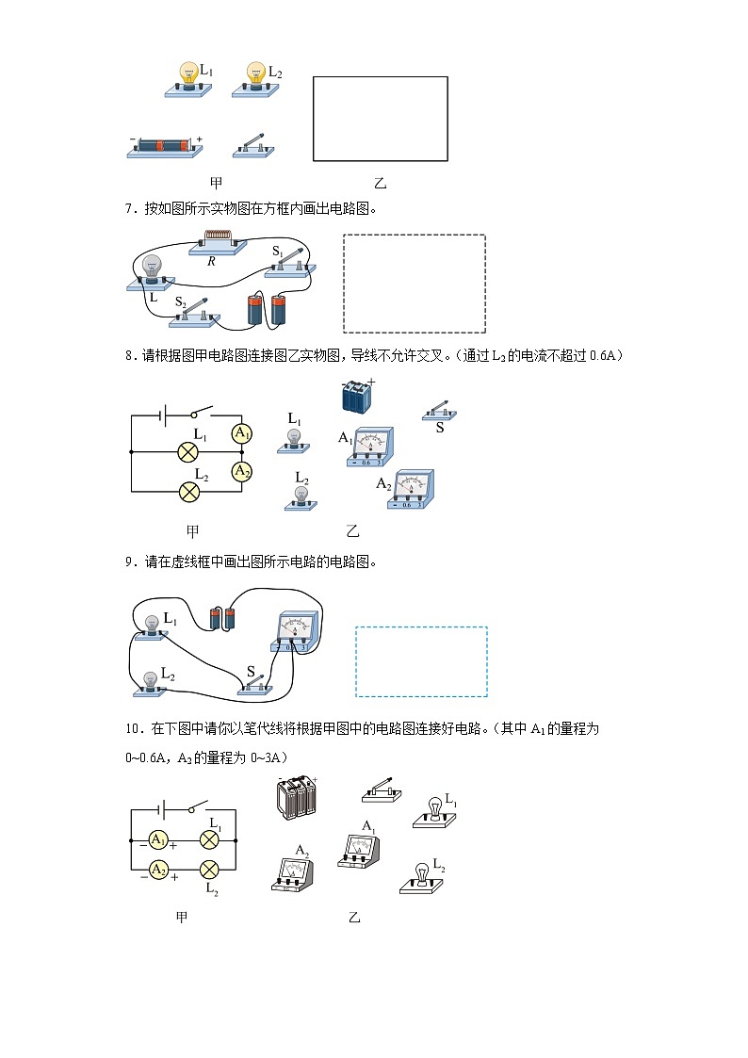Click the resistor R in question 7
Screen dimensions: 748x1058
click(219, 241)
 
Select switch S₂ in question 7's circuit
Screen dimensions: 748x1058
click(193, 315)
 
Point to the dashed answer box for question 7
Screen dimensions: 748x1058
click(415, 283)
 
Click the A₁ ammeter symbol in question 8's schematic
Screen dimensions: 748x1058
click(242, 433)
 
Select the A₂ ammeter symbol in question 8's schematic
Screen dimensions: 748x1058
click(242, 470)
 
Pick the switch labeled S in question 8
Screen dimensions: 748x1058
click(438, 411)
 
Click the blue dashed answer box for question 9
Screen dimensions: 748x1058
click(421, 661)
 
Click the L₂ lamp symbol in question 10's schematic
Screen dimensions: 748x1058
click(211, 868)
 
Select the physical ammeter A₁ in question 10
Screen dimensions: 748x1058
click(359, 846)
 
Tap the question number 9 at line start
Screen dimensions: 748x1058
click(129, 562)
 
